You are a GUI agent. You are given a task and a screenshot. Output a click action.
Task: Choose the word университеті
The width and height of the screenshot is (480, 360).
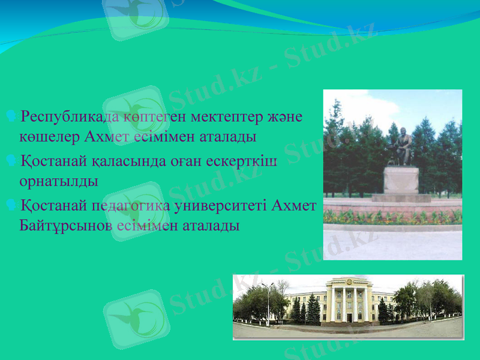(x=221, y=206)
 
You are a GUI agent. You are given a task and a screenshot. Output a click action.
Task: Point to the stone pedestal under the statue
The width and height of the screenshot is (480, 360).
(x=401, y=181)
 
